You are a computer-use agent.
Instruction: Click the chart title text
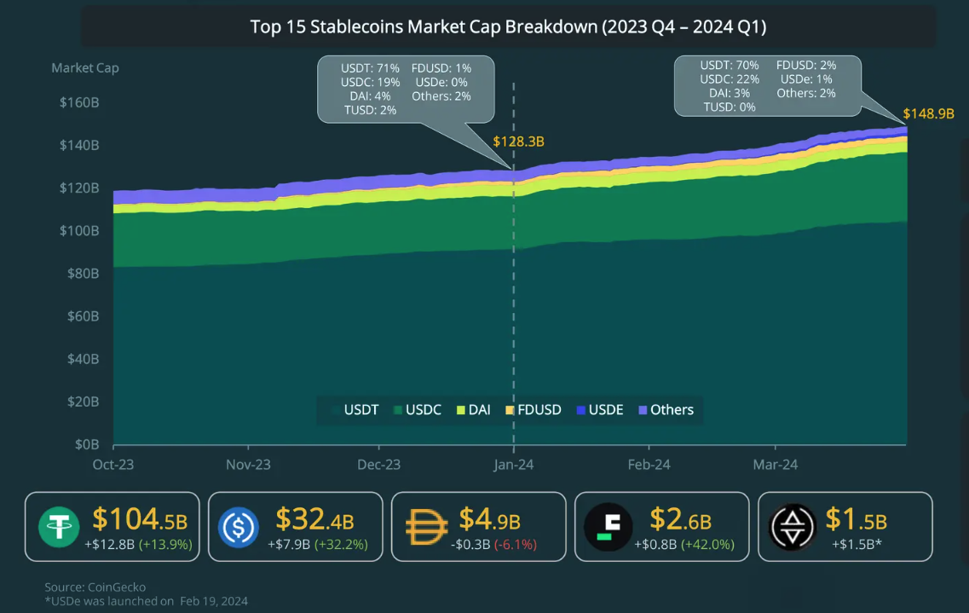(508, 27)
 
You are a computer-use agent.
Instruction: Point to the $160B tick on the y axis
(79, 102)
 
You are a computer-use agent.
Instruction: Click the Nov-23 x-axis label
(248, 465)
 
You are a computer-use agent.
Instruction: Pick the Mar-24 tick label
(775, 465)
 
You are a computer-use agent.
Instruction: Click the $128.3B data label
(518, 142)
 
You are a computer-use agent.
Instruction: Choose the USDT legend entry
(355, 410)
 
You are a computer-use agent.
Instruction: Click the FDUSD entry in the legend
(534, 410)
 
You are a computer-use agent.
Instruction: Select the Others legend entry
(666, 410)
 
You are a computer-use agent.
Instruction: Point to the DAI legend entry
(473, 410)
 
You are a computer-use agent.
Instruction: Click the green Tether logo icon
(59, 526)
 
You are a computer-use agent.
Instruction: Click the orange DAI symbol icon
(426, 526)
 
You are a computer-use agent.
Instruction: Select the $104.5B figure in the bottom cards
(141, 519)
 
